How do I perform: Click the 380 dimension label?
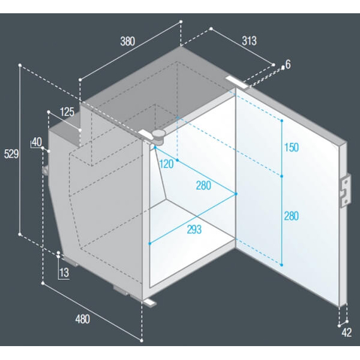click(x=128, y=41)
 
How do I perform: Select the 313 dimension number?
click(x=249, y=41)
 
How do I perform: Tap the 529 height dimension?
click(x=11, y=154)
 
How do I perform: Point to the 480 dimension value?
click(x=83, y=320)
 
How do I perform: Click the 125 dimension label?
click(x=67, y=112)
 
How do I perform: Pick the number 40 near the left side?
click(x=37, y=142)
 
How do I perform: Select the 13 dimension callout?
click(x=64, y=273)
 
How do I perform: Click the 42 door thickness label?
click(x=347, y=332)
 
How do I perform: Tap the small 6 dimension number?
click(x=288, y=64)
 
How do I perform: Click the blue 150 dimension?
click(x=291, y=147)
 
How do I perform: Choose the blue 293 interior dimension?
click(x=195, y=230)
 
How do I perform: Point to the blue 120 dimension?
click(x=166, y=164)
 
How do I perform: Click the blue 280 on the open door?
click(x=291, y=216)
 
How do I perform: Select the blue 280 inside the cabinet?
click(x=203, y=186)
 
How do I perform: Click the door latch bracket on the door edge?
click(x=345, y=190)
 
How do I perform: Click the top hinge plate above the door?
click(x=237, y=83)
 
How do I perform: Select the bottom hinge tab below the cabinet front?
click(x=150, y=303)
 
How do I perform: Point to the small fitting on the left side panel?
click(x=45, y=171)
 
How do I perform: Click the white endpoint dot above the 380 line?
click(x=181, y=22)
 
